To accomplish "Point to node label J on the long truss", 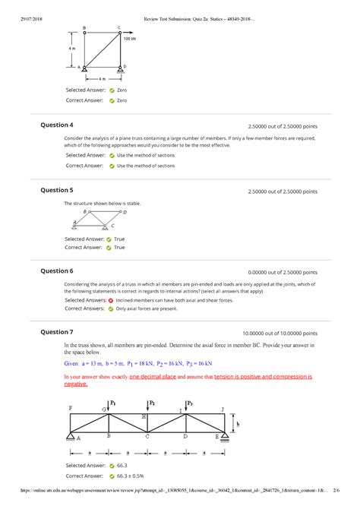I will click(x=222, y=409).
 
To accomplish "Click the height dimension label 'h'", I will click(x=238, y=424).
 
